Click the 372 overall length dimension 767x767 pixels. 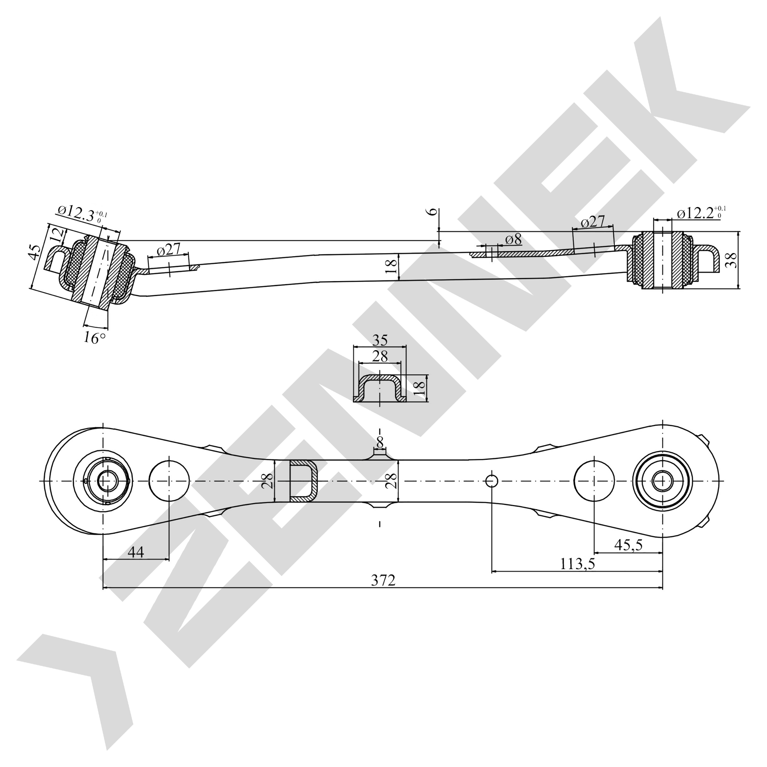(383, 580)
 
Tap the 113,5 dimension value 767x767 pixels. (578, 563)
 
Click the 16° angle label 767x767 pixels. (94, 338)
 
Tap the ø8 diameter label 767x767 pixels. (513, 239)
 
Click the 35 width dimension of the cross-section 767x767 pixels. (380, 340)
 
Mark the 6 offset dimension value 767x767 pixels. (435, 211)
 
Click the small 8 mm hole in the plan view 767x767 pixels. (492, 481)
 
